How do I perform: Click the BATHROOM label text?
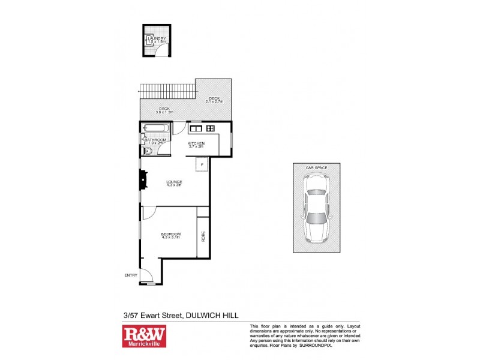155,140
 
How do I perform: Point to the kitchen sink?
196,128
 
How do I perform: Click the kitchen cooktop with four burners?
210,128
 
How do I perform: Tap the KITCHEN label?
196,143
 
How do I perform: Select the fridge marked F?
202,164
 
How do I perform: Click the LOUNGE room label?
175,182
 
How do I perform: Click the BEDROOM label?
171,234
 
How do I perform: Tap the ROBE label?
203,236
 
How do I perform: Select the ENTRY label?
131,275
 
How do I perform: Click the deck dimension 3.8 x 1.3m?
164,110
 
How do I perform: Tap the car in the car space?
316,208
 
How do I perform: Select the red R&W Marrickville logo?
144,337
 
